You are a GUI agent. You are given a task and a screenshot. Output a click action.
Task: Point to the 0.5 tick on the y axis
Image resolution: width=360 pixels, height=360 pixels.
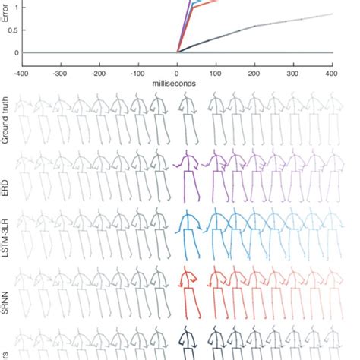point(16,30)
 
